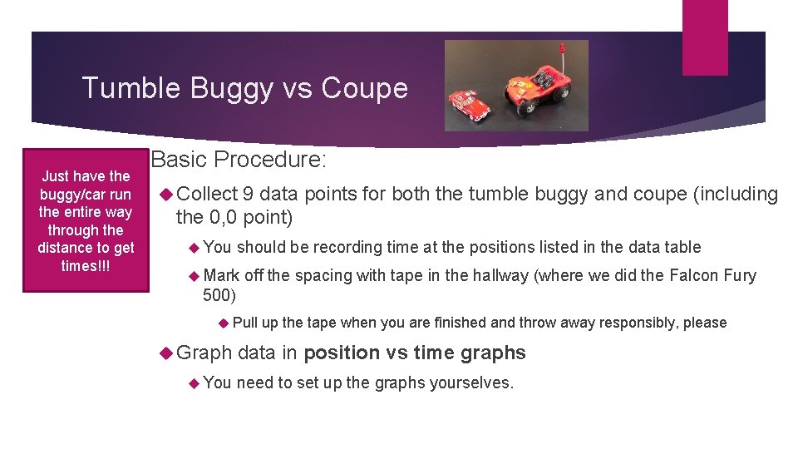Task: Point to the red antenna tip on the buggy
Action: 562,47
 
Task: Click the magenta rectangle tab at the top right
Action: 704,37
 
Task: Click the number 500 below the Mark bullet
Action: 219,294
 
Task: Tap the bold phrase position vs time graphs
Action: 415,353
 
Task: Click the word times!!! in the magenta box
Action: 86,266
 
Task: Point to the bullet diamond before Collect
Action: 165,195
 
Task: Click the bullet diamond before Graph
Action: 165,353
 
